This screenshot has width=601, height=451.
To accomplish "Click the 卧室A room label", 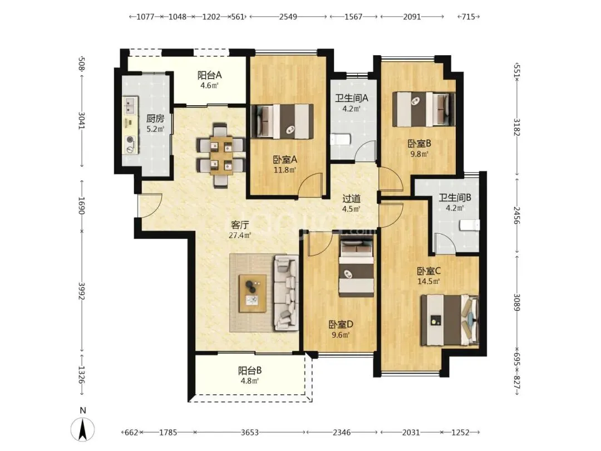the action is tap(285, 159).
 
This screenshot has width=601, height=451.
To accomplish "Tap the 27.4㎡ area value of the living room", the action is tap(239, 235).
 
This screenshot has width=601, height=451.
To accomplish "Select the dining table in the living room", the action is tap(221, 155).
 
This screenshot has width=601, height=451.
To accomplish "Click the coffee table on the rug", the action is tap(253, 293).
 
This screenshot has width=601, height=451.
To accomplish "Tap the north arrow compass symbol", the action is tap(82, 429).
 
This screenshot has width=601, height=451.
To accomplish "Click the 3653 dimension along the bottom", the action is tap(249, 432).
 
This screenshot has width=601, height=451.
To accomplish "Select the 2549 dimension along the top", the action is tap(288, 17).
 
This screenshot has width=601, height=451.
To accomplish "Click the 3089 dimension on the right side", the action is tap(516, 302).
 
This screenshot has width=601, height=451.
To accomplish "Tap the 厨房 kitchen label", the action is tap(155, 119).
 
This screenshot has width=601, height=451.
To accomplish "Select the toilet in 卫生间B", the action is tap(470, 225).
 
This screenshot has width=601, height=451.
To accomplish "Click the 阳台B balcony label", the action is tap(249, 370).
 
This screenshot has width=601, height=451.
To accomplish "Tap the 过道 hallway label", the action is tap(351, 199).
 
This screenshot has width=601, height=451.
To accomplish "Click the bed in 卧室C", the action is tap(450, 320).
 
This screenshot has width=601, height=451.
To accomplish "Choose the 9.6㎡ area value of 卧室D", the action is tap(341, 335).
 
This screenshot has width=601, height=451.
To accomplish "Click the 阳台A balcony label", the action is tap(209, 75).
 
